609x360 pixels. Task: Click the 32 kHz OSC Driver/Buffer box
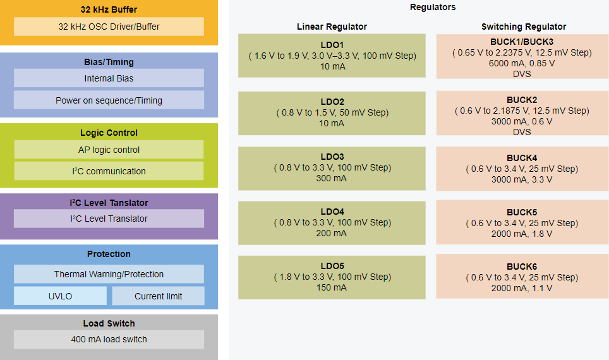pyautogui.click(x=109, y=27)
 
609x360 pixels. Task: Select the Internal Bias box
pyautogui.click(x=109, y=78)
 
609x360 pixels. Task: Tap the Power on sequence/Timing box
pyautogui.click(x=109, y=100)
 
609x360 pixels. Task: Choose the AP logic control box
pyautogui.click(x=109, y=150)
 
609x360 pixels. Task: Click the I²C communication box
pyautogui.click(x=109, y=171)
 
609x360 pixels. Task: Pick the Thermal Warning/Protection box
pyautogui.click(x=109, y=274)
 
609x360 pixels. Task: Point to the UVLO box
pyautogui.click(x=60, y=296)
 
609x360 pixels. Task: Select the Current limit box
pyautogui.click(x=158, y=296)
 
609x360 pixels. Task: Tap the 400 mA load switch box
pyautogui.click(x=109, y=339)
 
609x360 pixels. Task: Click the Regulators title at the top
pyautogui.click(x=433, y=8)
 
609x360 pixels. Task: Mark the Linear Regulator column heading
pyautogui.click(x=332, y=27)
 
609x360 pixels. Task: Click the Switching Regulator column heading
pyautogui.click(x=523, y=27)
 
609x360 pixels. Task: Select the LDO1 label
pyautogui.click(x=332, y=45)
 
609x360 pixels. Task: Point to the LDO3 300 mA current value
pyautogui.click(x=332, y=178)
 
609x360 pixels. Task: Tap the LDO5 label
pyautogui.click(x=332, y=266)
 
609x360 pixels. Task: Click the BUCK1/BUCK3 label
pyautogui.click(x=522, y=42)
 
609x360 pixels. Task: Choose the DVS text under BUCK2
pyautogui.click(x=522, y=132)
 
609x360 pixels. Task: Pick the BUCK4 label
pyautogui.click(x=522, y=158)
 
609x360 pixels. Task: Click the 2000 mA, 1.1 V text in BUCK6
pyautogui.click(x=522, y=288)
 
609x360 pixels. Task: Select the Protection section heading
pyautogui.click(x=109, y=254)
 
